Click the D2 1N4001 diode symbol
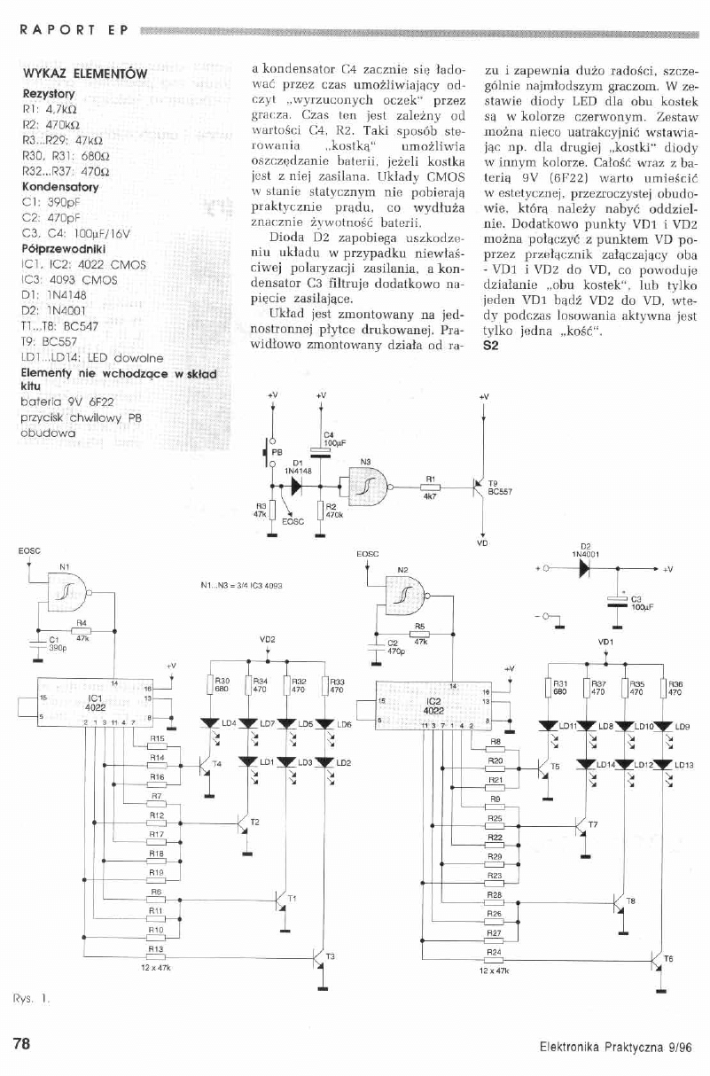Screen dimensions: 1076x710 584,566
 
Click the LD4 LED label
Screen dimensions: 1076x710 227,724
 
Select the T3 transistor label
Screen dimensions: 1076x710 331,956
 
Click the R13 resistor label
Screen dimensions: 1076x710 158,949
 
